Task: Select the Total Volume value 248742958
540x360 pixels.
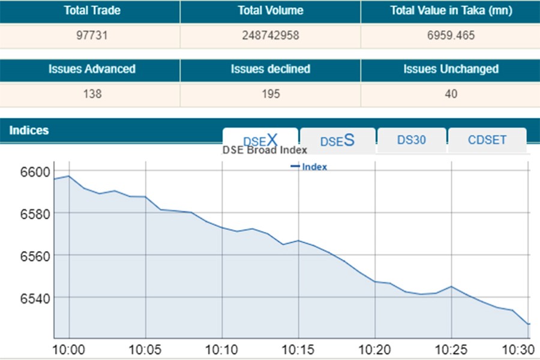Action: tap(270, 35)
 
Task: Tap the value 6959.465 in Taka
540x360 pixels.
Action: tap(450, 35)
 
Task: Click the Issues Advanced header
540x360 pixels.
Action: tap(92, 69)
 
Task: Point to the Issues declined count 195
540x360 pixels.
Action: tap(270, 94)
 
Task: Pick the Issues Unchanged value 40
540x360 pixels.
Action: tap(451, 94)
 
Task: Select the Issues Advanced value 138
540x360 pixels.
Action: tap(92, 94)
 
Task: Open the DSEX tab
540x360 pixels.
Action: tap(260, 140)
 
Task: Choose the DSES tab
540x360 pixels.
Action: tap(337, 140)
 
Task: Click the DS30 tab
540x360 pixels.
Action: tap(412, 140)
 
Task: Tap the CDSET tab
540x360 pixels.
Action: tap(487, 140)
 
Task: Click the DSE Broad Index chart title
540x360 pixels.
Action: tap(265, 151)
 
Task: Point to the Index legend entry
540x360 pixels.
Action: tap(310, 167)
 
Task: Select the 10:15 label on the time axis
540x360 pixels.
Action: tap(298, 349)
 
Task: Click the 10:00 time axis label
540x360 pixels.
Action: tap(69, 349)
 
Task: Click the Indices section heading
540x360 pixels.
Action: tap(29, 131)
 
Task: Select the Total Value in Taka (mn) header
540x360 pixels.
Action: tap(450, 11)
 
